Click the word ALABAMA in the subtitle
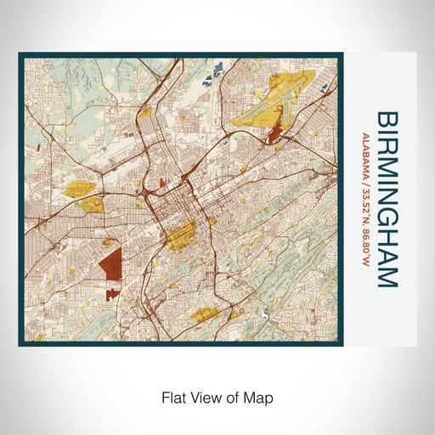pyautogui.click(x=365, y=153)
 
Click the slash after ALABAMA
pyautogui.click(x=365, y=176)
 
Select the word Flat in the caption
pyautogui.click(x=173, y=397)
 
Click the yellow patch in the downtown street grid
pyautogui.click(x=180, y=235)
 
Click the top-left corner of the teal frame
pyautogui.click(x=20, y=55)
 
